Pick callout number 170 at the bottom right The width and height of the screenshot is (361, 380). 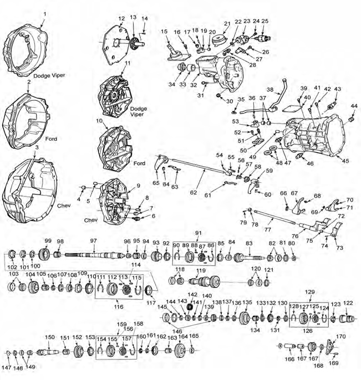tap(341, 336)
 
